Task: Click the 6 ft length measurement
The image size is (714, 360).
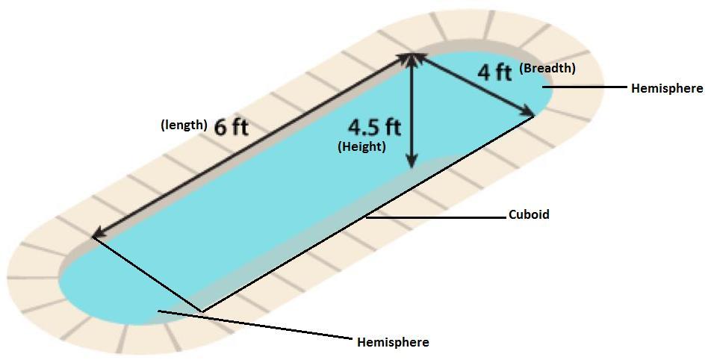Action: tap(231, 127)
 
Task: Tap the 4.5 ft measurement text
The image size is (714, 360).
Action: tap(373, 127)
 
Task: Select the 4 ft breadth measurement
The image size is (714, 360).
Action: tap(494, 72)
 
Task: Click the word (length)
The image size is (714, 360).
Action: tap(184, 125)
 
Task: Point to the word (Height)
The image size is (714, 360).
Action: tap(361, 147)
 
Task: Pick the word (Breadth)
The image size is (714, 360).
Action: tap(547, 68)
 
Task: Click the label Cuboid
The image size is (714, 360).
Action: tap(529, 215)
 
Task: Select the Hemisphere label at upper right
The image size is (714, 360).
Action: tap(667, 88)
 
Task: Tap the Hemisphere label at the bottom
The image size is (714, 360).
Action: tap(393, 342)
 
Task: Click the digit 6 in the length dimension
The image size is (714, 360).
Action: tap(221, 127)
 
